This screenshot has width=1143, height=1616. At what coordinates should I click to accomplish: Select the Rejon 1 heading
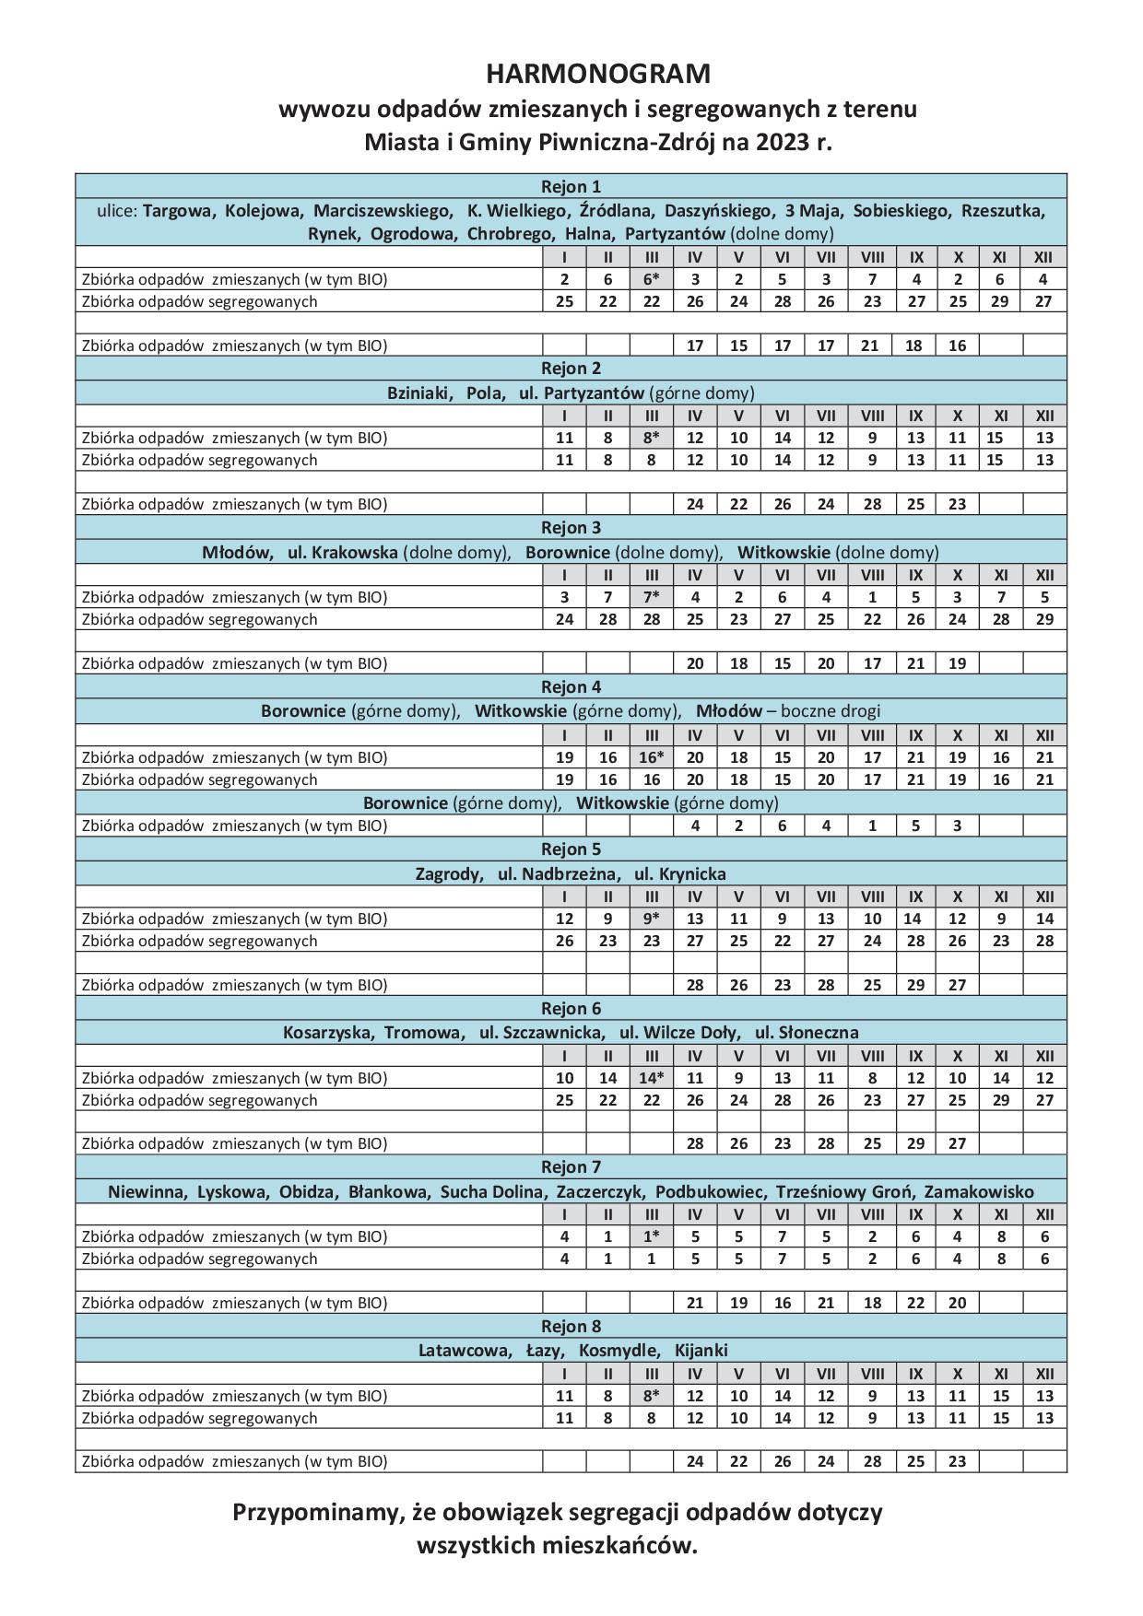(571, 186)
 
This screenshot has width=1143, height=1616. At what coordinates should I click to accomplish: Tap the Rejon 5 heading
(571, 849)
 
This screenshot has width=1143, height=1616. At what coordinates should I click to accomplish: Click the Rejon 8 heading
(571, 1327)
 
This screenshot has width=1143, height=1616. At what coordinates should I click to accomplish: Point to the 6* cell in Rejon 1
(651, 279)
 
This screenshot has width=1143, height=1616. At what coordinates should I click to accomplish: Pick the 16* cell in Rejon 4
(651, 757)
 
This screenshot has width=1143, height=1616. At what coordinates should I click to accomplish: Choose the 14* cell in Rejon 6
(651, 1078)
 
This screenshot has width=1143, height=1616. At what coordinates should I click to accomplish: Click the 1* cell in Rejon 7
(651, 1236)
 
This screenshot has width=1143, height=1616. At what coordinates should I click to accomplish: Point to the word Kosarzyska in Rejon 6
(327, 1033)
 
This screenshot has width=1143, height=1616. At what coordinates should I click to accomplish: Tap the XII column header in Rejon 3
(1043, 575)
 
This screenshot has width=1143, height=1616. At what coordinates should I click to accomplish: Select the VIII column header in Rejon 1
(872, 257)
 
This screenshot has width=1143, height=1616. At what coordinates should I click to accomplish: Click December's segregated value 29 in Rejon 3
(1043, 619)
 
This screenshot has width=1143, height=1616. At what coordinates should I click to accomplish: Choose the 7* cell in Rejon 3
(651, 597)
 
